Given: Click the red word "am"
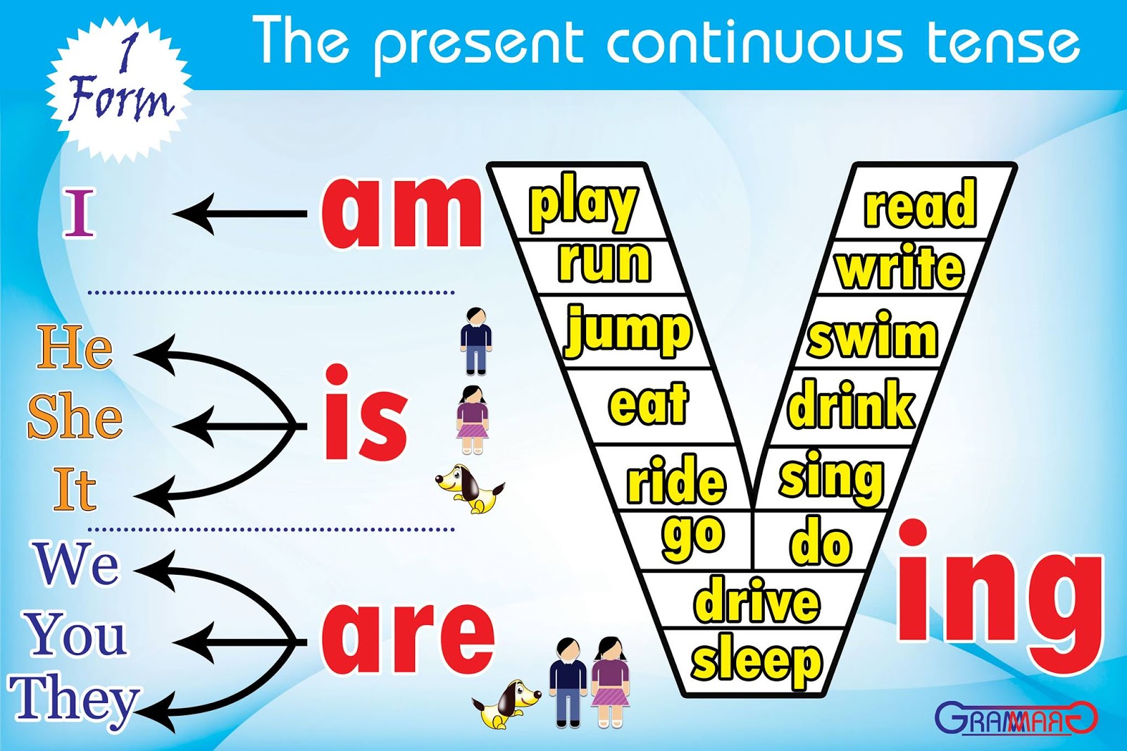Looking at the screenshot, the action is click(x=401, y=212).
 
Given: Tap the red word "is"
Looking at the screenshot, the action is click(x=366, y=412).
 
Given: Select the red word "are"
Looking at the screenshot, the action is click(x=406, y=638).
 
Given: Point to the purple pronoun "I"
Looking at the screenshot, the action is click(x=79, y=214).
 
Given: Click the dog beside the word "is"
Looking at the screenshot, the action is click(x=470, y=488).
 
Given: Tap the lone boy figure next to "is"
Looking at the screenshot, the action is click(x=475, y=341).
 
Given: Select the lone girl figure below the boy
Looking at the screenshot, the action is click(x=473, y=420).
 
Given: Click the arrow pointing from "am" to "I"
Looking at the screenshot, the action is click(x=239, y=214).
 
